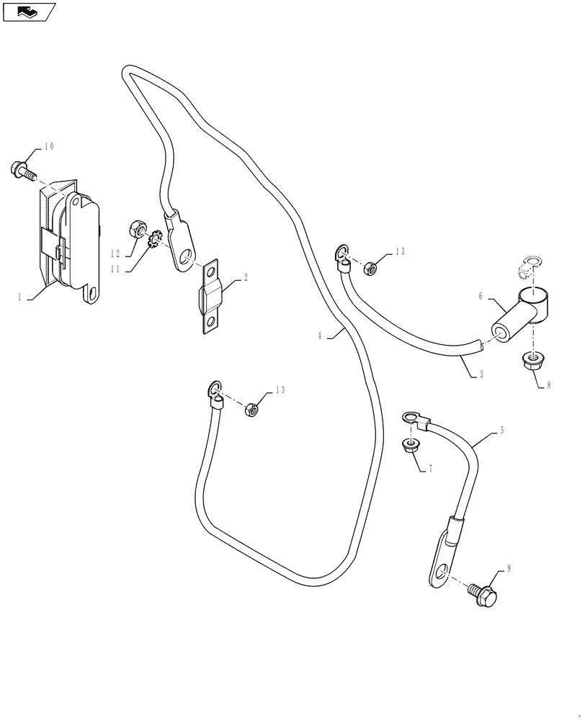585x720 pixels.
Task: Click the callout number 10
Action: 49,147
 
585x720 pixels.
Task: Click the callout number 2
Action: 245,277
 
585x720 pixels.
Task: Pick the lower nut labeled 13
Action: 251,410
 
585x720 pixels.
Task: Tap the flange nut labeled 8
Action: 532,361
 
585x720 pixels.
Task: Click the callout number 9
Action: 509,569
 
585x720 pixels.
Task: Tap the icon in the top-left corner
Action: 27,11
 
